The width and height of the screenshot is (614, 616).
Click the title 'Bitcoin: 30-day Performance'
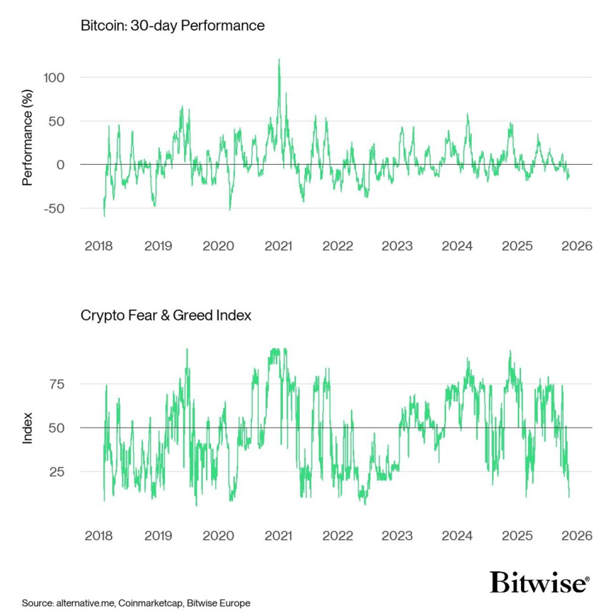[172, 26]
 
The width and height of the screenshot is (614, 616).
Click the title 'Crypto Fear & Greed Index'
[166, 315]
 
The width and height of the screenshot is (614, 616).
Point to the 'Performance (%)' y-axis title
[28, 142]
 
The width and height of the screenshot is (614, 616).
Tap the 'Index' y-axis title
[28, 428]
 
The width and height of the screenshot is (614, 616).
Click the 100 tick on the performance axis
[51, 77]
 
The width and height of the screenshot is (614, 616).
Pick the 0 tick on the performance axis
[60, 165]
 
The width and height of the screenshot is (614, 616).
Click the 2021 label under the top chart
[278, 247]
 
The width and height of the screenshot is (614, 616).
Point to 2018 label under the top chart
[99, 247]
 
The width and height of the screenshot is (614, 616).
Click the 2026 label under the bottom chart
[576, 536]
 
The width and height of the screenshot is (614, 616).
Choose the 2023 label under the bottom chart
[397, 536]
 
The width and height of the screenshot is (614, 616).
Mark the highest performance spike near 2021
[279, 60]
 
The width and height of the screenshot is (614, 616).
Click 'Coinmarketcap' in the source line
[149, 603]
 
